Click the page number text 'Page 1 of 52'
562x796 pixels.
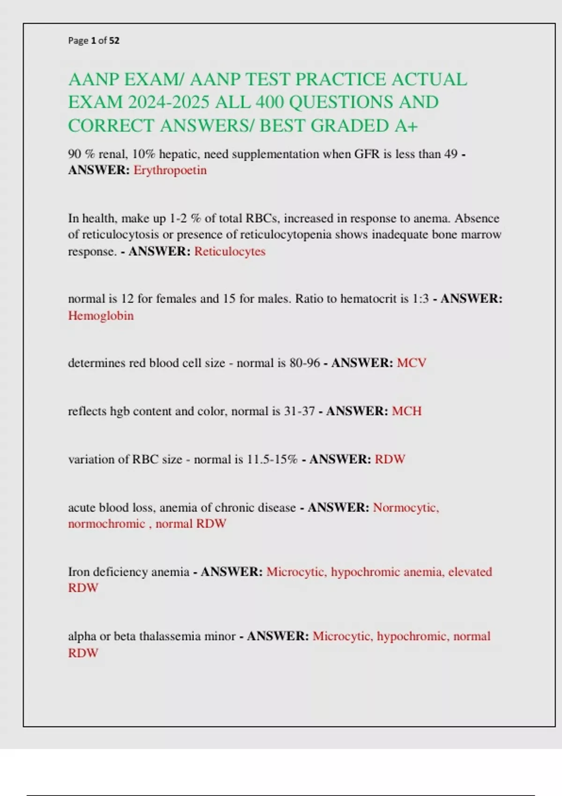[94, 41]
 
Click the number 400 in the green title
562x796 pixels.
[271, 102]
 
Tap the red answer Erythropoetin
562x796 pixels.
[170, 170]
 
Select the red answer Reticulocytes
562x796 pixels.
[229, 251]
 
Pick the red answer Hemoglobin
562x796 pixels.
[101, 316]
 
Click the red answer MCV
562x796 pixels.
[411, 363]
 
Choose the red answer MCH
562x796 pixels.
[407, 411]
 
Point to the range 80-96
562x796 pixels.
[305, 363]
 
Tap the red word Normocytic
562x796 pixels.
[406, 508]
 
